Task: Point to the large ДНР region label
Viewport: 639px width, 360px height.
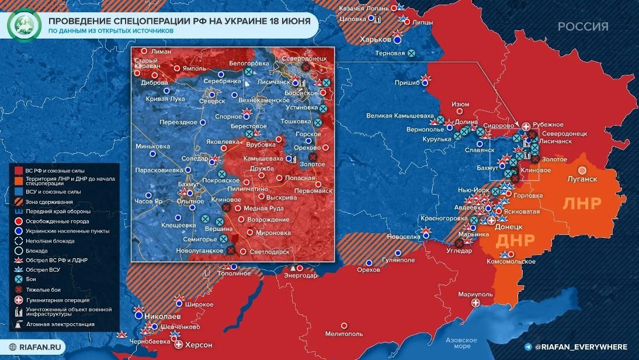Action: click(x=514, y=241)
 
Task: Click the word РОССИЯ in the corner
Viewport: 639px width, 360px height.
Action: click(x=582, y=27)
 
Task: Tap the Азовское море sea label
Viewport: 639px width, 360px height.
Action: click(x=461, y=343)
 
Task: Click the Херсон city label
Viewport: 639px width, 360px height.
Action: click(x=198, y=344)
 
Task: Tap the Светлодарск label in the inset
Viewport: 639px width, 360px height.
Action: click(x=269, y=251)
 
